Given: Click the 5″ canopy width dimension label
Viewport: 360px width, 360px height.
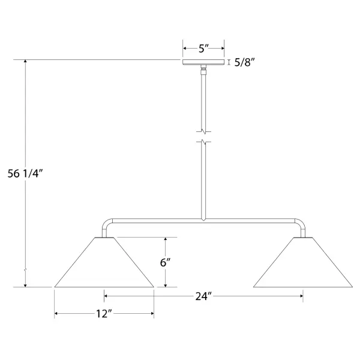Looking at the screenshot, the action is click(203, 49).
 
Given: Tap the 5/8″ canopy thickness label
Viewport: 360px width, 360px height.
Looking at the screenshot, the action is click(245, 62).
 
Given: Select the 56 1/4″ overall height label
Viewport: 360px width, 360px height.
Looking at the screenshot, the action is click(25, 173).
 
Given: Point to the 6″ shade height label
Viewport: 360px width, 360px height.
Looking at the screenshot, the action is click(166, 262).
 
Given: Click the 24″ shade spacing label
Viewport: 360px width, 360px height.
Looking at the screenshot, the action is click(203, 296).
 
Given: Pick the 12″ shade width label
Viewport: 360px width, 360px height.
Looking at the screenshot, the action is click(104, 314).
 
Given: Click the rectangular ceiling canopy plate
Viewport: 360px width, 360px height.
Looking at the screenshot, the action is click(203, 62).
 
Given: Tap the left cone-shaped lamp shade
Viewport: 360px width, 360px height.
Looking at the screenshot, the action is click(104, 262).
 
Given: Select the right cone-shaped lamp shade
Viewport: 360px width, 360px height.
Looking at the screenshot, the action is click(303, 262).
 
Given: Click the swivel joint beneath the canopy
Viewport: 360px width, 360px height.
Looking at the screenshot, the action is click(203, 70).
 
